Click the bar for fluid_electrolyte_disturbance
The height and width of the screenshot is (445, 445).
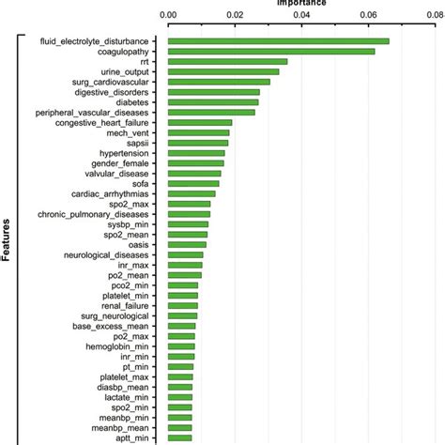coord(278,41)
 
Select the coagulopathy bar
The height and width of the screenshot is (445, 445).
coord(270,52)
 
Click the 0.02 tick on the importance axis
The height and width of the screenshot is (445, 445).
coord(235,15)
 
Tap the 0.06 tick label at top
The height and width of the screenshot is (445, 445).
coord(367,15)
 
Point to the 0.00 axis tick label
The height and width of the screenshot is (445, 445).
coord(168,15)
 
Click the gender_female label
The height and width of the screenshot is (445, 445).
coord(130,163)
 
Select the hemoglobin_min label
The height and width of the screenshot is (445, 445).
coord(132,346)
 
